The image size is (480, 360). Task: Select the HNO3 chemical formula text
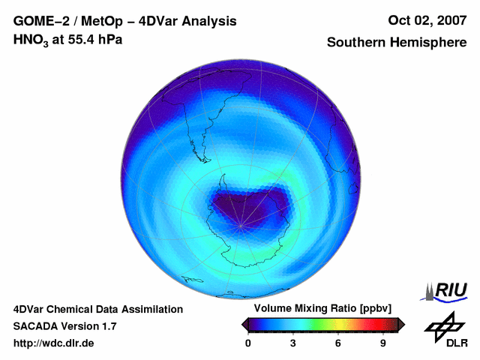[31, 40]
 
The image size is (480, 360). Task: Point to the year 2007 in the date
[450, 20]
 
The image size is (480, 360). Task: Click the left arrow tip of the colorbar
[244, 324]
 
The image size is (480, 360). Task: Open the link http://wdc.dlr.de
[54, 343]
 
